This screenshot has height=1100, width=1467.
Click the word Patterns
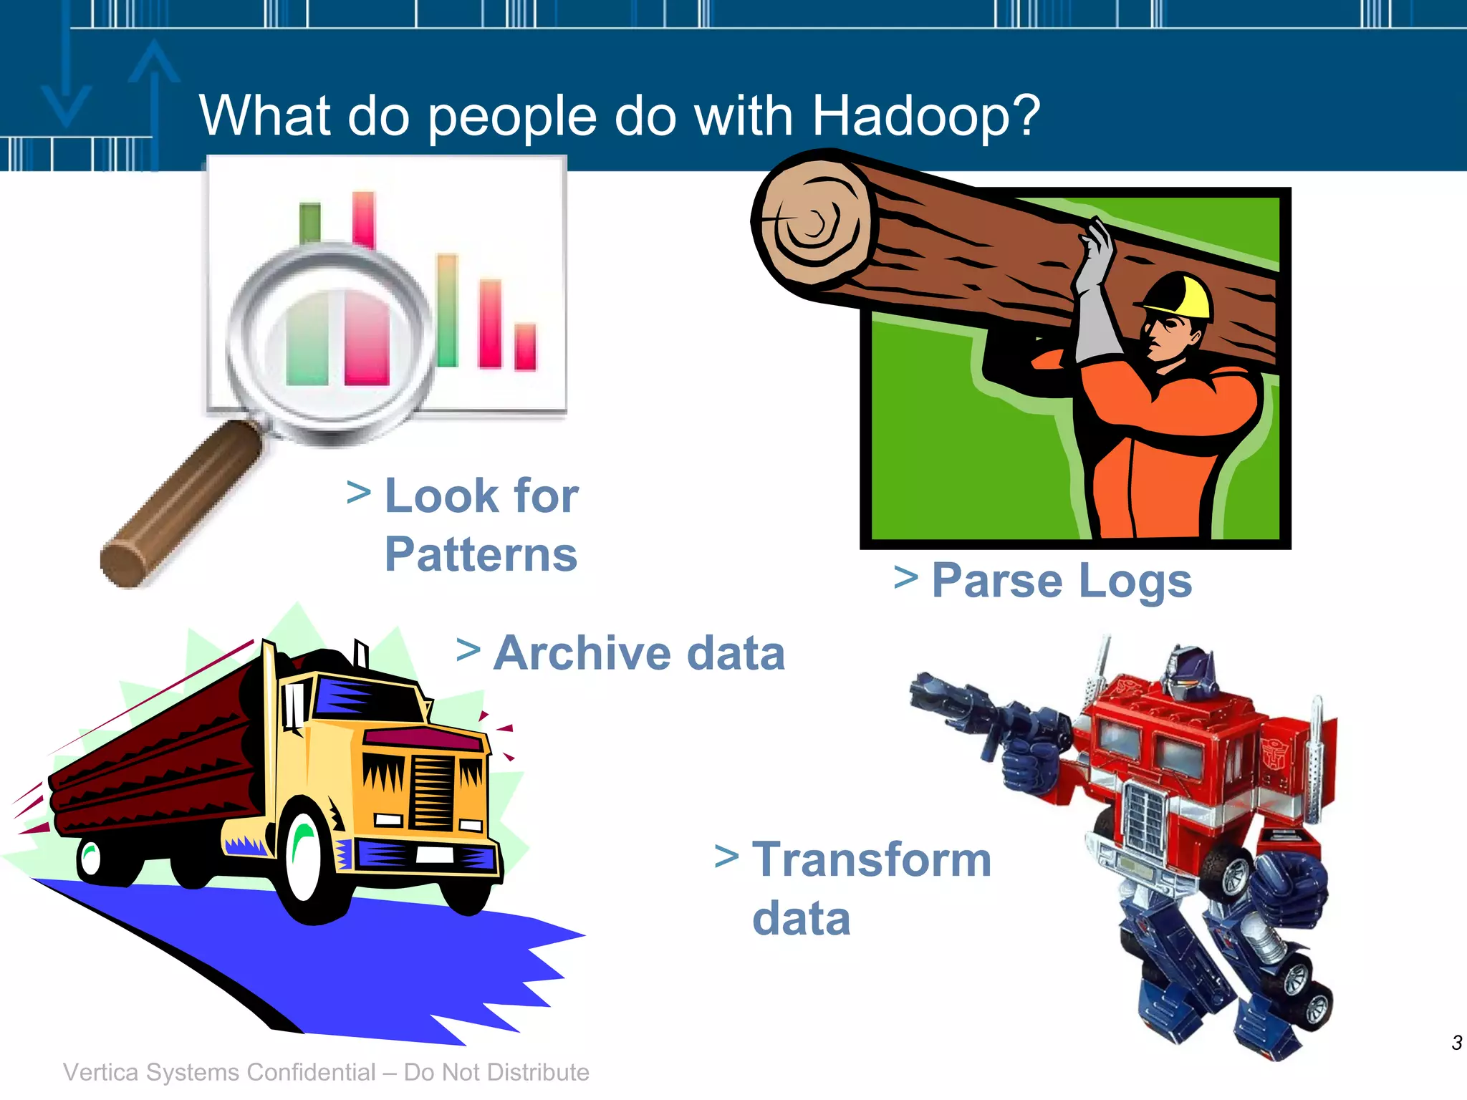tap(481, 555)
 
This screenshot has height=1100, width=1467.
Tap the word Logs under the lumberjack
tap(1135, 582)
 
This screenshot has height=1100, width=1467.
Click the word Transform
tap(872, 859)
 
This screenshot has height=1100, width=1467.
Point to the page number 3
tap(1456, 1043)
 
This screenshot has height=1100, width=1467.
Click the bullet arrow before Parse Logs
tap(906, 577)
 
